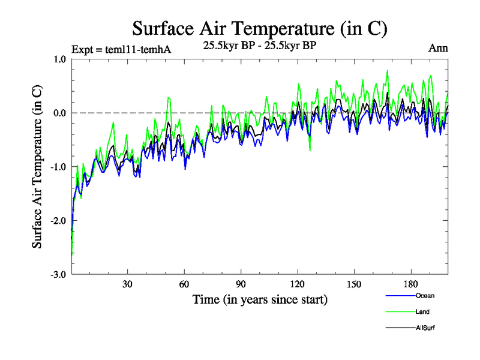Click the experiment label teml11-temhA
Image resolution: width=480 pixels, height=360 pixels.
pyautogui.click(x=121, y=49)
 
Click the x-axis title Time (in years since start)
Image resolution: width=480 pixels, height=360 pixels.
pyautogui.click(x=260, y=299)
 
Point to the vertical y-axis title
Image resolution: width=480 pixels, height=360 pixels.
pyautogui.click(x=37, y=166)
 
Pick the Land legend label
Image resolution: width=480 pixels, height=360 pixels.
pyautogui.click(x=422, y=311)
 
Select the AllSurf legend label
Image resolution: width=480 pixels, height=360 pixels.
pyautogui.click(x=424, y=328)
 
